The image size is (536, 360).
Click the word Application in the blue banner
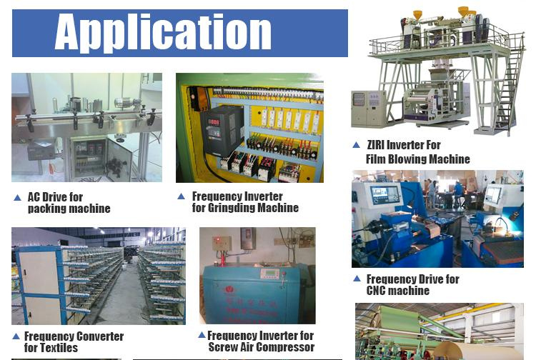click(x=163, y=33)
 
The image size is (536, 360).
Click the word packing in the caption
click(x=45, y=209)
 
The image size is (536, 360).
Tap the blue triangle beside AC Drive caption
click(x=17, y=197)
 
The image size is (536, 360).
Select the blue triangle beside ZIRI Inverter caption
click(x=356, y=145)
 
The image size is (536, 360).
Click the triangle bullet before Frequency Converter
click(x=16, y=336)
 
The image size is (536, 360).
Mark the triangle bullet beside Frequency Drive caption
click(x=357, y=279)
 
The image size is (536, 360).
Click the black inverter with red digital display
click(x=221, y=130)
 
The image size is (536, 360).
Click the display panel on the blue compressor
click(x=269, y=274)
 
